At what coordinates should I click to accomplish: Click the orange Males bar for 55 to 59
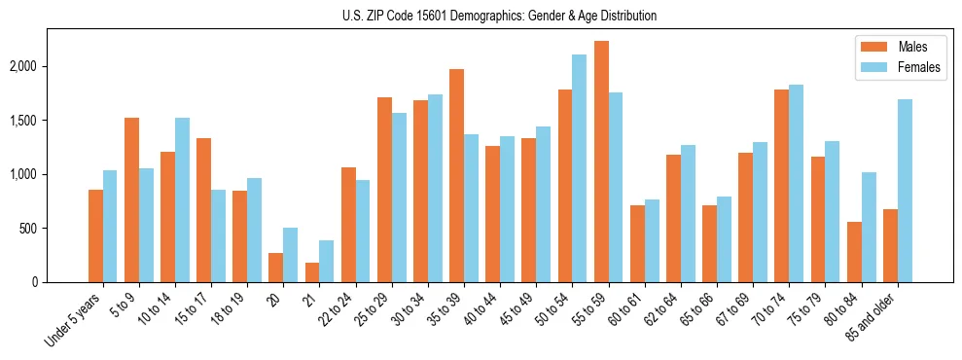coord(601,162)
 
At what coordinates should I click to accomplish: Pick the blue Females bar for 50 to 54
coord(580,168)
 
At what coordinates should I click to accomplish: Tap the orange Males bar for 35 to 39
coord(456,175)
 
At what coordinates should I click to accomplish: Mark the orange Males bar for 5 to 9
coord(131,199)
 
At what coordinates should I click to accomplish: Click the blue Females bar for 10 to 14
coord(182,199)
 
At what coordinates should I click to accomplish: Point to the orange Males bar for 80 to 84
coord(854,252)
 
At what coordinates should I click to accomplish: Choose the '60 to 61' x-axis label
coord(623,311)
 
